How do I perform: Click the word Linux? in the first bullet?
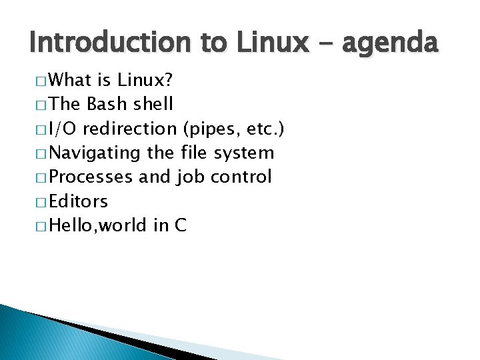pos(145,81)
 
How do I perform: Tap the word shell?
pos(154,105)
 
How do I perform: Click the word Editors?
pos(78,201)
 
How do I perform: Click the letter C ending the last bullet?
pos(180,225)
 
